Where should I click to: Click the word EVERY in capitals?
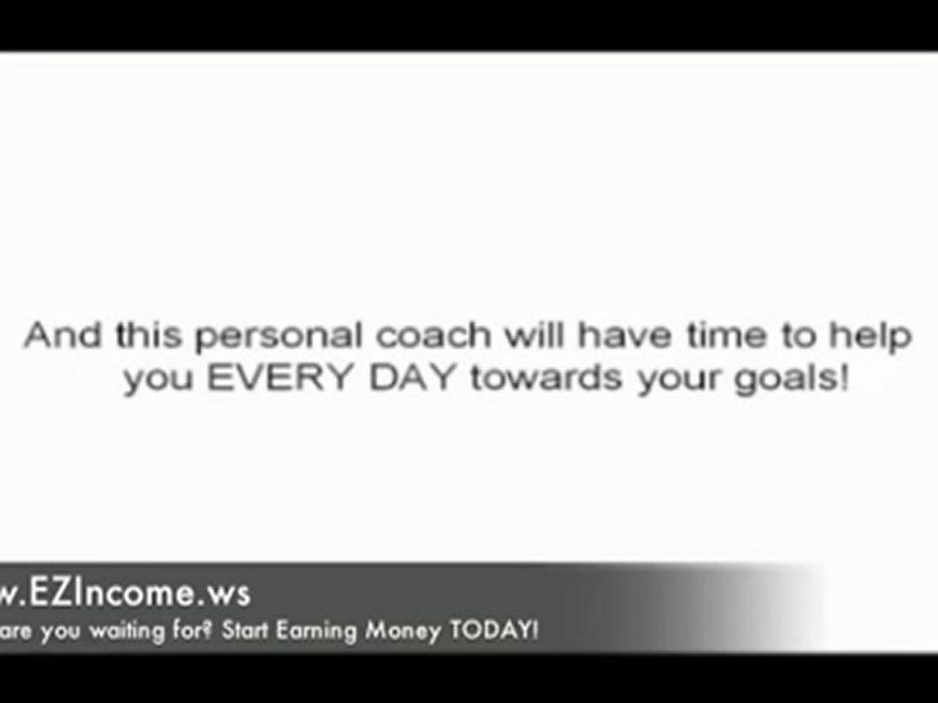[278, 377]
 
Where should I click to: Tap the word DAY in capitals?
[411, 377]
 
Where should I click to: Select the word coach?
[434, 335]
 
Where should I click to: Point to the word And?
[63, 335]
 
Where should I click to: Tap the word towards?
[545, 378]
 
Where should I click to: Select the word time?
[726, 335]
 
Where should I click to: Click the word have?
[625, 335]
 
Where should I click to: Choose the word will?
[534, 335]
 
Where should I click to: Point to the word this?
[149, 335]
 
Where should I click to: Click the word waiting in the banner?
[127, 632]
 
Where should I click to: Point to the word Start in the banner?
[244, 630]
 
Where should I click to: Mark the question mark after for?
[207, 630]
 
